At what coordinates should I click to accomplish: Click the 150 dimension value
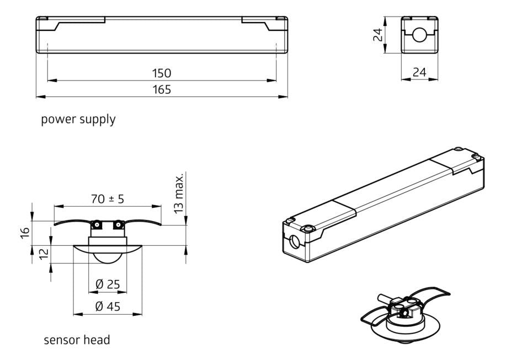click(162, 73)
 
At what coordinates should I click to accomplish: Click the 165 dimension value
click(162, 89)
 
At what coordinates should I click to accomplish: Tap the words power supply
click(78, 119)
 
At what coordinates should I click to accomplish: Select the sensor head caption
click(77, 340)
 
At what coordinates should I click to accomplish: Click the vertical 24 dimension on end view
click(377, 35)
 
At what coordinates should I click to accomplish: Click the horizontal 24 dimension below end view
click(420, 72)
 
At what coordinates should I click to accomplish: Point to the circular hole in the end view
click(420, 36)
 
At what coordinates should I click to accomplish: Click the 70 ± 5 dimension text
click(108, 199)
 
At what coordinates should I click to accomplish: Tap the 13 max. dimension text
click(179, 192)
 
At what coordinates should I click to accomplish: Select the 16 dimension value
click(24, 233)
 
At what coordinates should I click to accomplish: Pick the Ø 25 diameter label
click(108, 284)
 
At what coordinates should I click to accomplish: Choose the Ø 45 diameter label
click(108, 307)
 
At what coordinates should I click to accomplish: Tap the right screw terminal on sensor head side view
click(118, 225)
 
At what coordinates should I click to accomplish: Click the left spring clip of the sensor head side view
click(72, 222)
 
